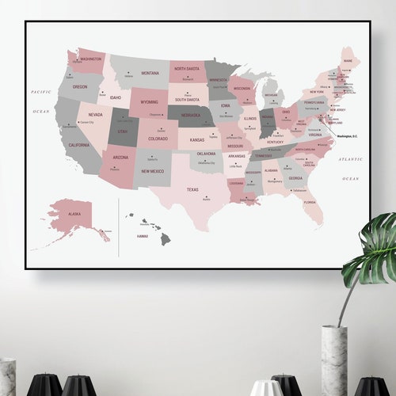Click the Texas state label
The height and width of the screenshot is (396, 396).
[x=192, y=189]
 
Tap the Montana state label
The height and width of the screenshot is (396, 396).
[x=150, y=73]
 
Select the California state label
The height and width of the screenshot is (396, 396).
[x=78, y=146]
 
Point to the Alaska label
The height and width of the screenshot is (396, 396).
[x=74, y=214]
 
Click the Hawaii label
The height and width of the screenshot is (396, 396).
[x=143, y=235]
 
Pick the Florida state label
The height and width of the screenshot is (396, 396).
[x=309, y=202]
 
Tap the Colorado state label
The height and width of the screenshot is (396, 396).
[x=158, y=139]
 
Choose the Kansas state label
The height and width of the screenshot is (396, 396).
[x=196, y=139]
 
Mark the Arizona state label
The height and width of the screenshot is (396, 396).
[x=120, y=157]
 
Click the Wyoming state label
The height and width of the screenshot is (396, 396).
[x=149, y=102]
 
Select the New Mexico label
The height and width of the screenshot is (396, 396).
[x=152, y=171]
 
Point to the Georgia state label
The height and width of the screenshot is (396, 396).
[x=295, y=178]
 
